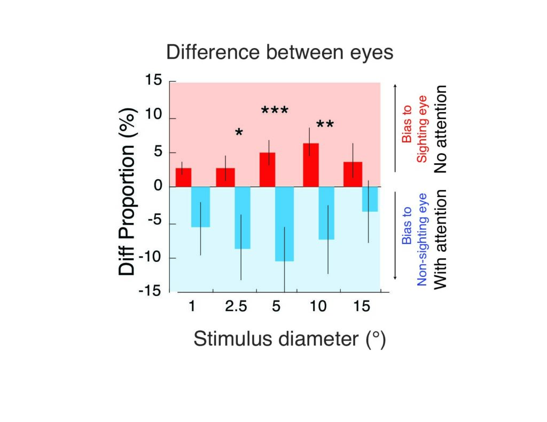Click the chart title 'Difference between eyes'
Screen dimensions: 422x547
tap(280, 53)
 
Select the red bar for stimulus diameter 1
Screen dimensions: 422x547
tap(183, 178)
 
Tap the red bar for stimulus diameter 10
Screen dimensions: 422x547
tap(310, 165)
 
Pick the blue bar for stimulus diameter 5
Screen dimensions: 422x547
tap(284, 224)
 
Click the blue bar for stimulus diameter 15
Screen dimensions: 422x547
tap(370, 199)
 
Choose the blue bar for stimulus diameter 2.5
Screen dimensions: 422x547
tap(242, 218)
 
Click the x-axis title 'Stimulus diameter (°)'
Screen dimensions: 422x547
tap(289, 339)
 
